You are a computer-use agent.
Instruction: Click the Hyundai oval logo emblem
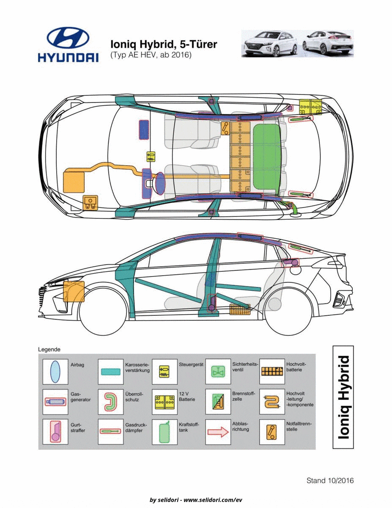pos(68,38)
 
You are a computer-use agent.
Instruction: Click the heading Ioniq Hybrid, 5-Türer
pos(164,44)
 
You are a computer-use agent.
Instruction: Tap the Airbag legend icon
pos(55,372)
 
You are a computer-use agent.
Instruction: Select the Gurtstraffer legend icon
pos(55,431)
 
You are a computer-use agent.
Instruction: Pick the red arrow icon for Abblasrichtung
pos(218,432)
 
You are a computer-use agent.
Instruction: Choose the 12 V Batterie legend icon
pos(164,402)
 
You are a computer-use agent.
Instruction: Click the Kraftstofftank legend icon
pos(164,432)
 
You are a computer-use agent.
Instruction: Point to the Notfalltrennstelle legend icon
pos(272,432)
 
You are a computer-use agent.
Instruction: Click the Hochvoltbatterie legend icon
pos(272,371)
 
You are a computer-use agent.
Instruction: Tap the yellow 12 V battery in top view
pos(310,107)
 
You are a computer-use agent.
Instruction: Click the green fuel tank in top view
pos(267,157)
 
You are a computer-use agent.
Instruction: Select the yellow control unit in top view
pos(151,157)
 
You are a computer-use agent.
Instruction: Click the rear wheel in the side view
pos(288,312)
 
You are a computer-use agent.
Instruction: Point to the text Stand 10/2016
pos(330,480)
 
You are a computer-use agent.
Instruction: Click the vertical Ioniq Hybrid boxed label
pos(343,398)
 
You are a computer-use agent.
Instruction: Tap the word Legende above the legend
pos(49,350)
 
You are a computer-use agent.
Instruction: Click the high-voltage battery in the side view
pos(240,309)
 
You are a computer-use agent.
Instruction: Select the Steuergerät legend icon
pos(164,372)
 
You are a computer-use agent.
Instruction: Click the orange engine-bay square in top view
pos(74,182)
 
